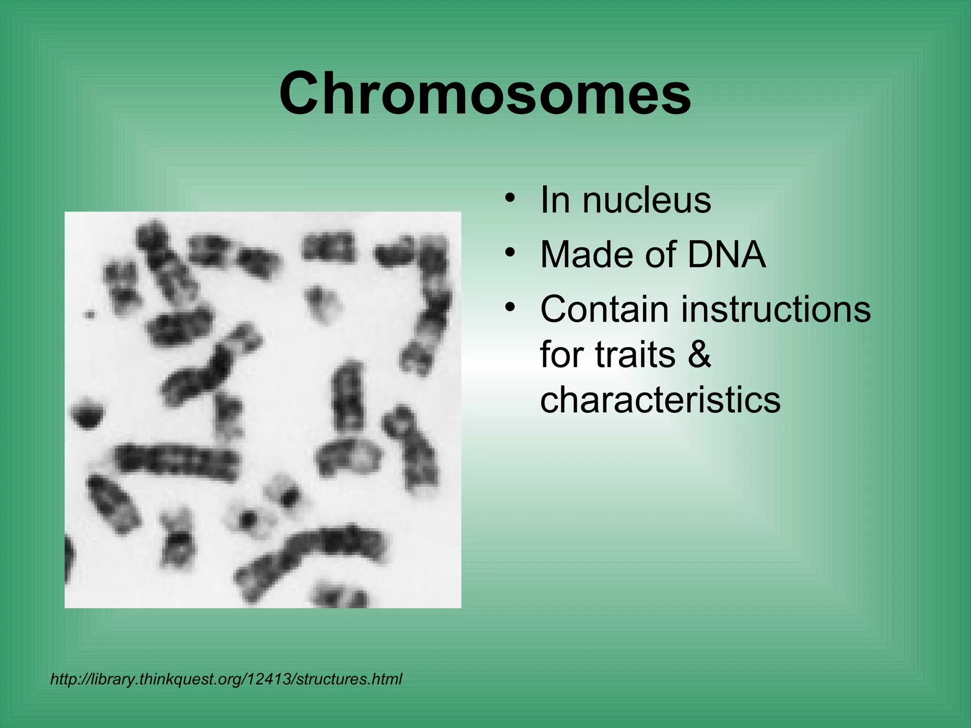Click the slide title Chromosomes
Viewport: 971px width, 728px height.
[x=485, y=93]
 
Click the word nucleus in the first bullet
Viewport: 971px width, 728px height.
[x=647, y=201]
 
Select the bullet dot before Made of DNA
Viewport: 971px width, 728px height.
[x=510, y=253]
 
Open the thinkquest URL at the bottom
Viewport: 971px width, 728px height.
[x=226, y=679]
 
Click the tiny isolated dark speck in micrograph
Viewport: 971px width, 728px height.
[x=89, y=314]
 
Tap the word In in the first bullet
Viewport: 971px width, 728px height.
[x=555, y=201]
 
